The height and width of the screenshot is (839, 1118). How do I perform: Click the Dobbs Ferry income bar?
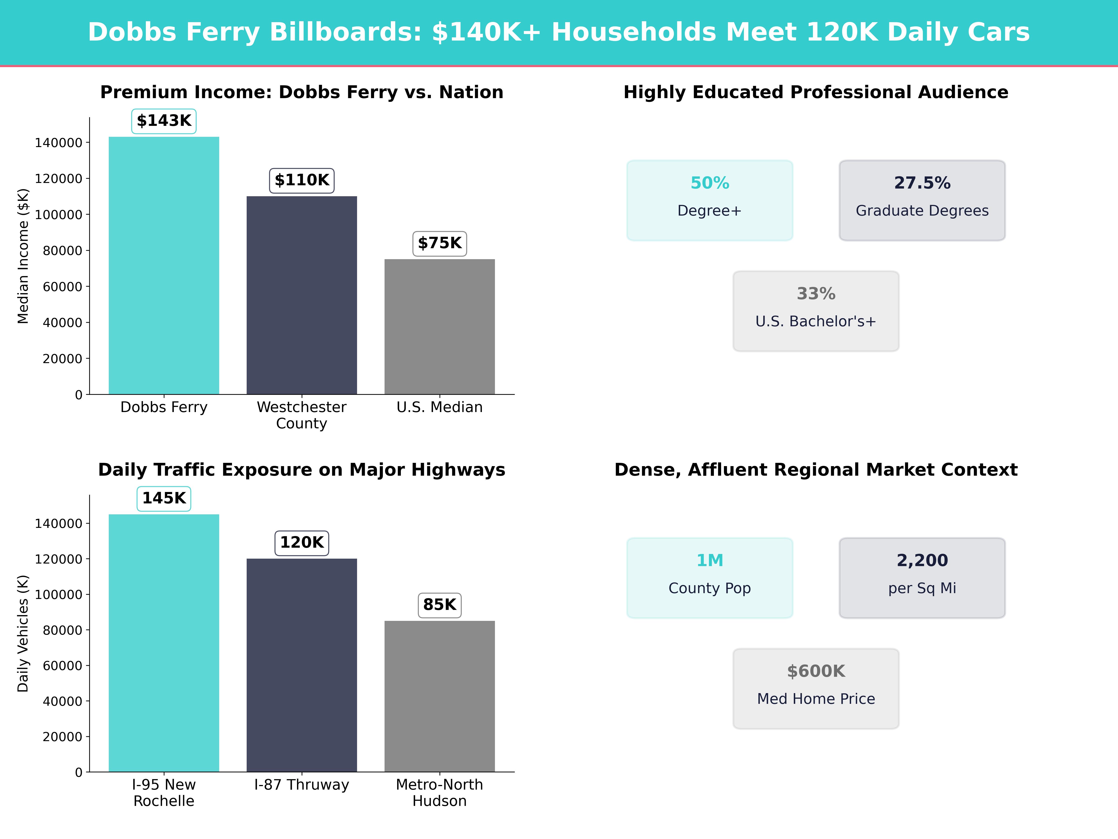pos(164,265)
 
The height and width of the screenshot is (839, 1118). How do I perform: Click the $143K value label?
pos(164,121)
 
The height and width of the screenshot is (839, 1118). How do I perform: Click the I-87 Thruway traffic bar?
pos(302,665)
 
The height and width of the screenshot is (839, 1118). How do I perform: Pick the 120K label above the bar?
pos(302,543)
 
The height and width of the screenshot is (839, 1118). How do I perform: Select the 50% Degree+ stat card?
pos(710,200)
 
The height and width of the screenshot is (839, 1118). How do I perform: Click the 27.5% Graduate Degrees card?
pos(922,200)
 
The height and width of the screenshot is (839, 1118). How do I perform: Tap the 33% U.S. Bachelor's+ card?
pos(816,311)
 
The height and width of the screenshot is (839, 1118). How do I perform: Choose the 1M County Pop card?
pos(710,578)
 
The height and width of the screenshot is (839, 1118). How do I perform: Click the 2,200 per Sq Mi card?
pos(922,578)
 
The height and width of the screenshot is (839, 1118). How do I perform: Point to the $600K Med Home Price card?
pos(816,688)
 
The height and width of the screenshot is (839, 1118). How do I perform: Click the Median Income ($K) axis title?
pos(23,256)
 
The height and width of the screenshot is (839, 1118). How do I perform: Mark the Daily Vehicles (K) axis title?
pos(23,633)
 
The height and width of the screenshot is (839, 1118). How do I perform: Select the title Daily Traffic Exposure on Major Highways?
pos(302,470)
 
